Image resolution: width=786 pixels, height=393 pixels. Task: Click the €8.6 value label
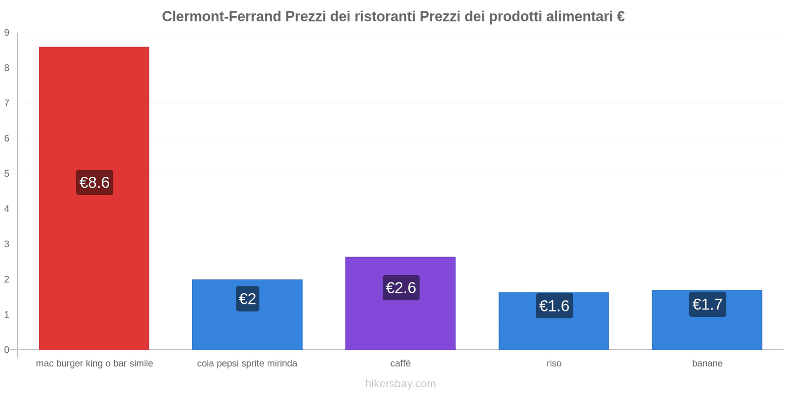94,183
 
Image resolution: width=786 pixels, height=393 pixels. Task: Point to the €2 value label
247,299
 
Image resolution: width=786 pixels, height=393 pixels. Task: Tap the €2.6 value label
401,288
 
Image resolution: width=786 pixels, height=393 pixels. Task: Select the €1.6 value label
554,306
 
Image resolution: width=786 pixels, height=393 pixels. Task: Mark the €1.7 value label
707,305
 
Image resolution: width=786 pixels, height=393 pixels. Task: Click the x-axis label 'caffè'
400,364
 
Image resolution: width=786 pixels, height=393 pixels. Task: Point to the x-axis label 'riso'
554,364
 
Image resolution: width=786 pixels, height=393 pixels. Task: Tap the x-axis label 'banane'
707,364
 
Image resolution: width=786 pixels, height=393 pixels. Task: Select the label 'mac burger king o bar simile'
94,364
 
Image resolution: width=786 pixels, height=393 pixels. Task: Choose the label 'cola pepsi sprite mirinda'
247,364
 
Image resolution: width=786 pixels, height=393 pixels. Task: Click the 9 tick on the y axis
7,33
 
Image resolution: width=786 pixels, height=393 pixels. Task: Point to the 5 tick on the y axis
7,174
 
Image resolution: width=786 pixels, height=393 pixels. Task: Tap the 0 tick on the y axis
7,350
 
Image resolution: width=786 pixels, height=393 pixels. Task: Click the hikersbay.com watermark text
400,384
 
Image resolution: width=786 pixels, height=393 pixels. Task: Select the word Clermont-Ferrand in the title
222,17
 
